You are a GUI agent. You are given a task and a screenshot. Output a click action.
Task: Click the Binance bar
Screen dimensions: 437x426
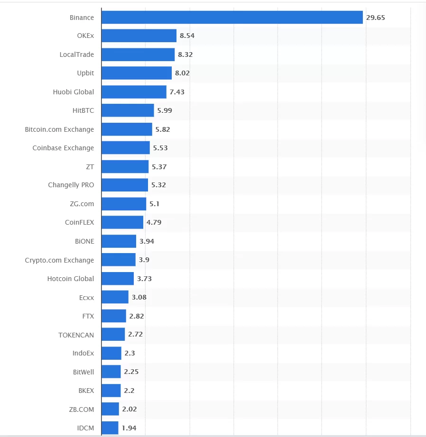tap(232, 18)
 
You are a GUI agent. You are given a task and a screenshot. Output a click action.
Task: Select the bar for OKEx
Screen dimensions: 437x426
tap(139, 36)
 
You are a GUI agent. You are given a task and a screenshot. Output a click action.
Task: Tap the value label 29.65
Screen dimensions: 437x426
tap(375, 18)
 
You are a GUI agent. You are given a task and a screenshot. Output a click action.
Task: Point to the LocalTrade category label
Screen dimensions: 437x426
tap(77, 55)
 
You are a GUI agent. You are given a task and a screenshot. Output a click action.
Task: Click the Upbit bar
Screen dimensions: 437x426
tap(137, 73)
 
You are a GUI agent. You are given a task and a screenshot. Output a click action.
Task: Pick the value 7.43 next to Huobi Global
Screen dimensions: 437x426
tap(177, 92)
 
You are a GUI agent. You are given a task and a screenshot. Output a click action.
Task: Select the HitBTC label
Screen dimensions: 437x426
tap(83, 110)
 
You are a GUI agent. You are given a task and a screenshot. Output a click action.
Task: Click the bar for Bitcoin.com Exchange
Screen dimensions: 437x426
tap(127, 129)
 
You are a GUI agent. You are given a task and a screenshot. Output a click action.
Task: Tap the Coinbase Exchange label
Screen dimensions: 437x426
tap(63, 148)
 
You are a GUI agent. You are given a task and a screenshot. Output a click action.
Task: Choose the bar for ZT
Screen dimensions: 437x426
tap(125, 167)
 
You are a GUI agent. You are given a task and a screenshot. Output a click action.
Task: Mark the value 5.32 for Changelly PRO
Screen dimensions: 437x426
tap(158, 185)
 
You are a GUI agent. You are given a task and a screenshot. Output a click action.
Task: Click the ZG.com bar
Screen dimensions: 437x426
tap(124, 204)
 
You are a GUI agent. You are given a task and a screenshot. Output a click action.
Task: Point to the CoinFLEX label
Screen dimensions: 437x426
tap(80, 222)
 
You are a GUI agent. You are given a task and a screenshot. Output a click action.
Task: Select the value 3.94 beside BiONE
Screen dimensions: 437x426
tap(147, 241)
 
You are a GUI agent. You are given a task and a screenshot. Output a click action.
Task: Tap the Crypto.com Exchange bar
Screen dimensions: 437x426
tap(119, 260)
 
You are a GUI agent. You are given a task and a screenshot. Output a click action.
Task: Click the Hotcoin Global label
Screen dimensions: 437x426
tap(71, 279)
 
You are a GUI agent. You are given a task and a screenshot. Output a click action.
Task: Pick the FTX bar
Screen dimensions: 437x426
tap(114, 316)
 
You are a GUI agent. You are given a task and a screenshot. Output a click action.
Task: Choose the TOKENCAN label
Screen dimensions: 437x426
tap(76, 335)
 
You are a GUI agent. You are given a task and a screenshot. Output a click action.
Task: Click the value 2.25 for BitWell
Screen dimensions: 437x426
tap(131, 372)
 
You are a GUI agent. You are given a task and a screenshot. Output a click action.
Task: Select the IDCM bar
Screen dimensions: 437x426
tap(110, 428)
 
